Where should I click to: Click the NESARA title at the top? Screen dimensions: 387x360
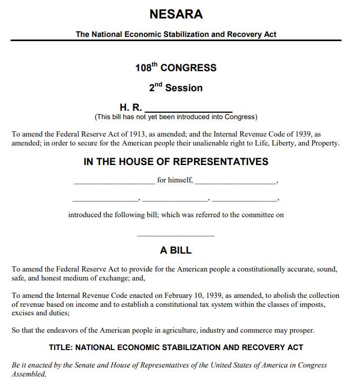(x=176, y=15)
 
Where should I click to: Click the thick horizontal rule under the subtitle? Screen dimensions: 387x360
(x=176, y=41)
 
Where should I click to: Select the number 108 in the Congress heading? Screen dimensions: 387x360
(x=142, y=68)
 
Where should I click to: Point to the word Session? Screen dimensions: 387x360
(x=184, y=88)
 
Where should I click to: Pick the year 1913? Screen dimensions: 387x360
(x=138, y=134)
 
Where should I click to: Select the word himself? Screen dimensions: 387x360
(x=180, y=180)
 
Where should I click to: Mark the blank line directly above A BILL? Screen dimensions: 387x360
(x=176, y=236)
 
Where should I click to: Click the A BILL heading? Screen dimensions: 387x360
(x=176, y=250)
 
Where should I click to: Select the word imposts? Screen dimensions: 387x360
(x=326, y=304)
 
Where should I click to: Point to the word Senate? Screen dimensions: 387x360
(x=93, y=365)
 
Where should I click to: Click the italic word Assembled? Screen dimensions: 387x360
(x=28, y=374)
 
